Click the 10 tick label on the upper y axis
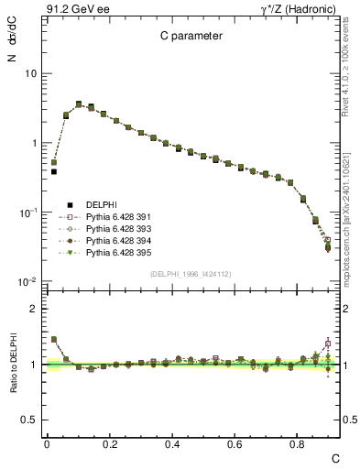point(31,73)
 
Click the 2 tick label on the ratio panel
point(35,309)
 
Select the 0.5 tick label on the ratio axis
point(30,420)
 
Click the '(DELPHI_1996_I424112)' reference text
point(191,273)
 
